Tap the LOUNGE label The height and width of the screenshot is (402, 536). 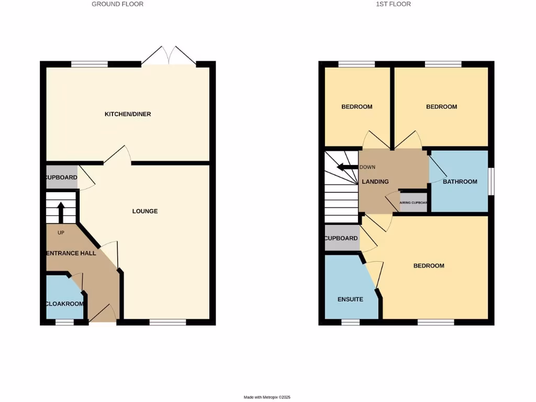pyautogui.click(x=145, y=211)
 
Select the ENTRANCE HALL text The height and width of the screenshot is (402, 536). pyautogui.click(x=71, y=253)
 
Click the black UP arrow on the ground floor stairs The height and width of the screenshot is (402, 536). pyautogui.click(x=60, y=211)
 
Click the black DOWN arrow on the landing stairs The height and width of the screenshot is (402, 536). pyautogui.click(x=347, y=167)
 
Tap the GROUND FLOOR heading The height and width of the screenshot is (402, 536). pyautogui.click(x=117, y=4)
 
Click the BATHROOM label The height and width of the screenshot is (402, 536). pyautogui.click(x=460, y=182)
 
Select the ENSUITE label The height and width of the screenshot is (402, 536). pyautogui.click(x=350, y=300)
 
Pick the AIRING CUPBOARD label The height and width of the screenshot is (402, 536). pyautogui.click(x=414, y=203)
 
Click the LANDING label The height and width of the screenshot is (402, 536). pyautogui.click(x=375, y=182)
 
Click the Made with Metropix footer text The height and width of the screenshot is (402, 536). pyautogui.click(x=267, y=397)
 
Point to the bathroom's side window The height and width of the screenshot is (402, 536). pyautogui.click(x=491, y=181)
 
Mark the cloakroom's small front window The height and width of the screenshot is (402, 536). pyautogui.click(x=64, y=322)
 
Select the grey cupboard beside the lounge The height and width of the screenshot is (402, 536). pyautogui.click(x=62, y=177)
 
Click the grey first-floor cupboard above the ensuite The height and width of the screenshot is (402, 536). pyautogui.click(x=341, y=238)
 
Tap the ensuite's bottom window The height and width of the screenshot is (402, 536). pyautogui.click(x=351, y=322)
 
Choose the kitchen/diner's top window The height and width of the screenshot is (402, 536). pyautogui.click(x=90, y=64)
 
